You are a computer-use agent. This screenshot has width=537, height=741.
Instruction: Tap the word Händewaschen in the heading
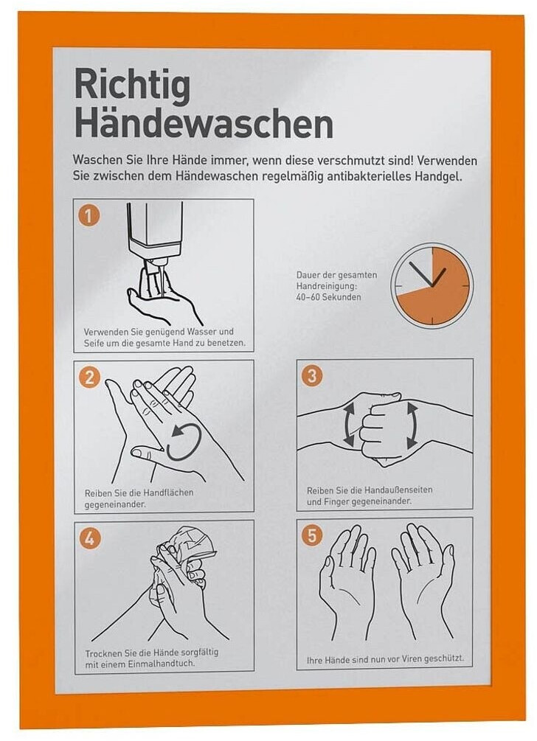pyautogui.click(x=204, y=124)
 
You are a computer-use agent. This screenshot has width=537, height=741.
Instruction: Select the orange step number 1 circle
pyautogui.click(x=89, y=216)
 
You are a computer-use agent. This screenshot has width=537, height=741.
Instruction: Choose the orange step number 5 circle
pyautogui.click(x=312, y=535)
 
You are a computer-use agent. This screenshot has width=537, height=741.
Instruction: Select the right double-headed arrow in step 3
pyautogui.click(x=412, y=425)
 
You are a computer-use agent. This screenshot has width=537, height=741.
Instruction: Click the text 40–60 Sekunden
pyautogui.click(x=328, y=297)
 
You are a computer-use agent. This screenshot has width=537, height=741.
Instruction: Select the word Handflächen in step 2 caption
pyautogui.click(x=168, y=493)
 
